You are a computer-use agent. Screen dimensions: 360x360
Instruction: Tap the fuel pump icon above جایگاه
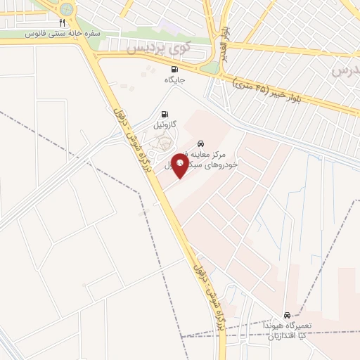point(174,69)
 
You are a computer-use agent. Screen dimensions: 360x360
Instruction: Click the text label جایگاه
point(174,79)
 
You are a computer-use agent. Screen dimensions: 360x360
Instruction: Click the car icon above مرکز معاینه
point(202,141)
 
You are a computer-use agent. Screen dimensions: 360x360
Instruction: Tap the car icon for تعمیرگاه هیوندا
point(287,315)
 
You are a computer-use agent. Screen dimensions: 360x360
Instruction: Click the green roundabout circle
point(67,9)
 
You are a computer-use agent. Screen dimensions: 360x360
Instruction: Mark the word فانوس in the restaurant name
point(34,33)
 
